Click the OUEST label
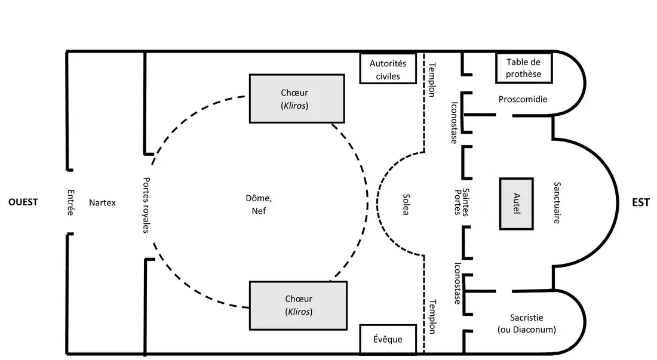(x=23, y=202)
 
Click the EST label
(x=640, y=202)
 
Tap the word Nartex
(x=102, y=202)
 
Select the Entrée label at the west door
(x=71, y=203)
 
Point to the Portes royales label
(x=147, y=204)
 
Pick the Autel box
(x=516, y=203)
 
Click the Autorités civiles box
(x=388, y=69)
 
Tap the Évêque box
(x=388, y=339)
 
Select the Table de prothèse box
(x=523, y=68)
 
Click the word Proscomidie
(x=523, y=99)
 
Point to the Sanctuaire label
(x=557, y=203)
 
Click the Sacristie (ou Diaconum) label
(x=526, y=323)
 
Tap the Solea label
(x=406, y=204)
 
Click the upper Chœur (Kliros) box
(x=297, y=99)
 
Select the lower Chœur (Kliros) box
(x=298, y=305)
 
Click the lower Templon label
(x=432, y=316)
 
